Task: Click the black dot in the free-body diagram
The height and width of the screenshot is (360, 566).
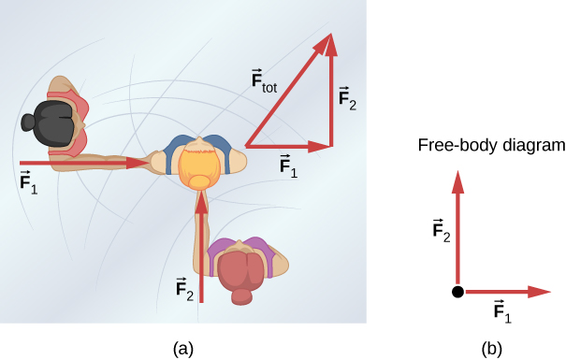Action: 457,293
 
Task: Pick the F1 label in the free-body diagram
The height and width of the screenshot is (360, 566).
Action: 502,312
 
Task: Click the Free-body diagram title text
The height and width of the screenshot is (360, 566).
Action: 491,146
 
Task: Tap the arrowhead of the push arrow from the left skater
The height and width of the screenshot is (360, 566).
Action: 142,163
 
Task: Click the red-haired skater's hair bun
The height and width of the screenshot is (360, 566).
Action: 242,296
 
